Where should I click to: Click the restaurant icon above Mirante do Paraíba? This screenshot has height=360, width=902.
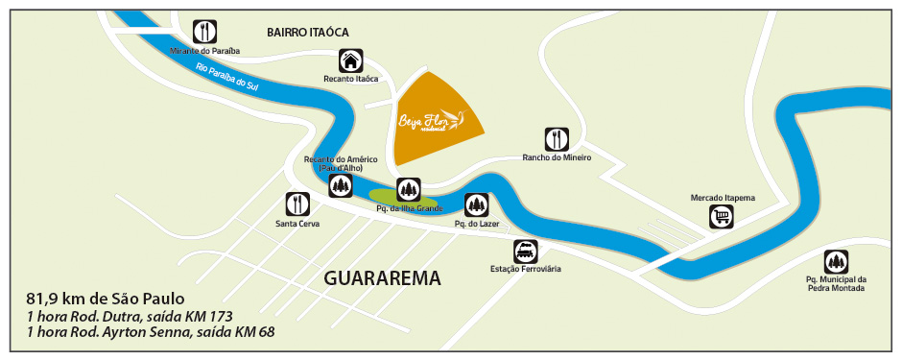click(203, 30)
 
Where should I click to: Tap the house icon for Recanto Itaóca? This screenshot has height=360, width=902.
click(351, 60)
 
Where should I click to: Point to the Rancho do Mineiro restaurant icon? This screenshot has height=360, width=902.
click(557, 138)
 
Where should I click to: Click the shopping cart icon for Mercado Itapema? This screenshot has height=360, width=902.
click(722, 218)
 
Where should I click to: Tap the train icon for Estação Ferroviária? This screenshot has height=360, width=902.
click(525, 252)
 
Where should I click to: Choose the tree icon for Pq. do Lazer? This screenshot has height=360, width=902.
click(477, 204)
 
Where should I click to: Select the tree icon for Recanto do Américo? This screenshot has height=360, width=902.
click(340, 185)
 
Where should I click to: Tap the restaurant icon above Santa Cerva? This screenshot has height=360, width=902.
click(297, 204)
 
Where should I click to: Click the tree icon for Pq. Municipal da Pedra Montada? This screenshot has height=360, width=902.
click(836, 261)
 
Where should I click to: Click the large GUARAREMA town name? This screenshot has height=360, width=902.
click(382, 279)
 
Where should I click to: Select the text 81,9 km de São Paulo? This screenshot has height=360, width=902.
click(105, 299)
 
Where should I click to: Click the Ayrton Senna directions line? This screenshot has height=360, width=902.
click(151, 333)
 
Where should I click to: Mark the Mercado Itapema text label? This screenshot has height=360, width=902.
click(723, 198)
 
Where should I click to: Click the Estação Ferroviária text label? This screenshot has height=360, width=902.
click(525, 270)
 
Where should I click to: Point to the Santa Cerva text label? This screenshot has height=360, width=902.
click(297, 224)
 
